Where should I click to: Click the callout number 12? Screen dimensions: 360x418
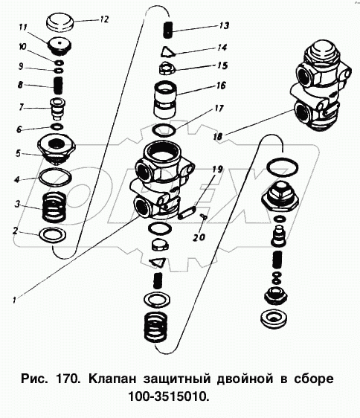(x=104, y=19)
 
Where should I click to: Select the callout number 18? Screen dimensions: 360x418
(x=218, y=137)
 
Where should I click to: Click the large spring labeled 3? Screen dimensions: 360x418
(x=54, y=208)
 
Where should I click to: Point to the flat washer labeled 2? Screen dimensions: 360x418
(x=53, y=235)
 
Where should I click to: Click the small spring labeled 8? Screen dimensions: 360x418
(x=58, y=85)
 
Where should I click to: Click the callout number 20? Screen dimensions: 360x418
(x=199, y=237)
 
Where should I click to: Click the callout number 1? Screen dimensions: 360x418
(x=14, y=300)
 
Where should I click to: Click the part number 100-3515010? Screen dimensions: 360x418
(x=169, y=397)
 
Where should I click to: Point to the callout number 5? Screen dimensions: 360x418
(x=18, y=154)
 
